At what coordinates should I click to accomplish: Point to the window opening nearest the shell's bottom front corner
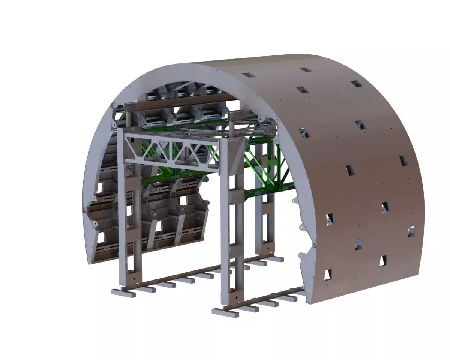(x=328, y=274)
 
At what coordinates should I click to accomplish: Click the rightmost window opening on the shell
(x=411, y=232)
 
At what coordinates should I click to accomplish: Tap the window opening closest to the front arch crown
(x=248, y=75)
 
